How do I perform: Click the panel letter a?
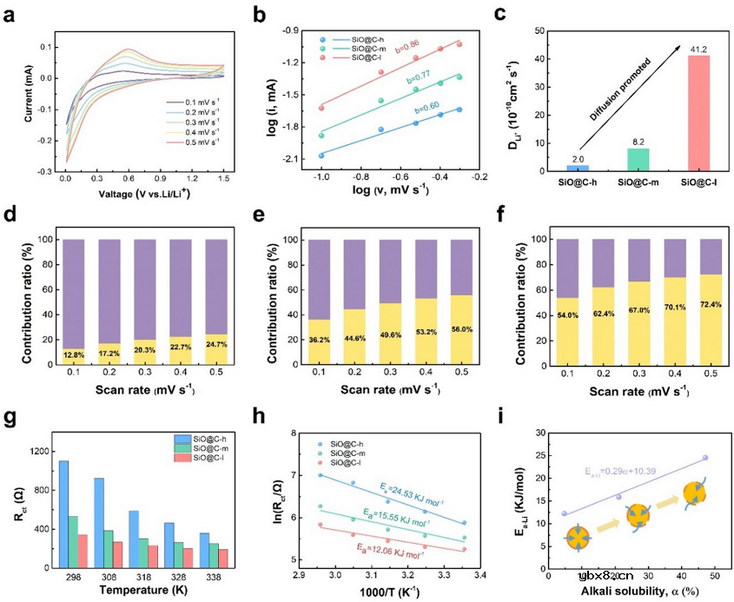click(x=11, y=14)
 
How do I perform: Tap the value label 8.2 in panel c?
click(x=613, y=140)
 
